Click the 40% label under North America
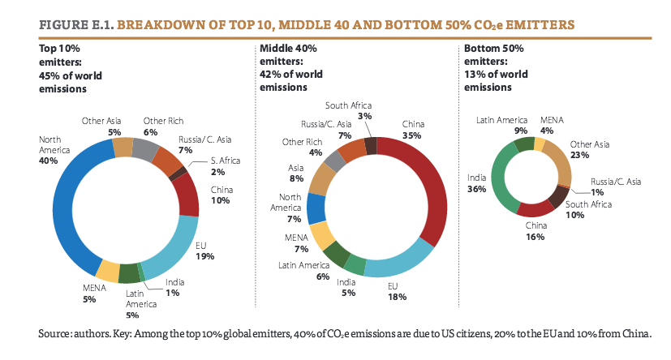tap(49, 161)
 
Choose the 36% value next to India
tap(476, 189)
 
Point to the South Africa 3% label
tap(366, 116)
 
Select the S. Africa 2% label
tap(209, 172)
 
